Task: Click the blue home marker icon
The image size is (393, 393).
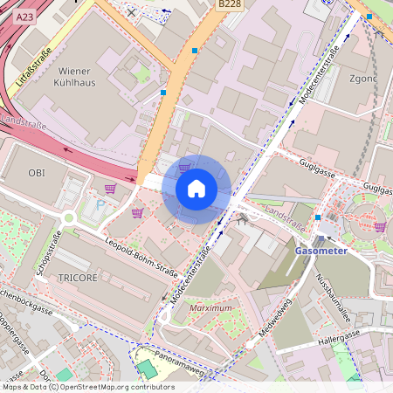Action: (x=196, y=189)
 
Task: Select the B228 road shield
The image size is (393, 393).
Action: (x=228, y=5)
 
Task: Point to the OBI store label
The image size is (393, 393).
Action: (x=36, y=173)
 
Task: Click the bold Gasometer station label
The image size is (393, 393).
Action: (x=321, y=251)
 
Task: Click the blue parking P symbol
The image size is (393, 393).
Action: (x=100, y=204)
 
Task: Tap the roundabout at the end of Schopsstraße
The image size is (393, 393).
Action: (x=68, y=218)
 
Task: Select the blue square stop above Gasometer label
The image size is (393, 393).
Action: (x=318, y=217)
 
